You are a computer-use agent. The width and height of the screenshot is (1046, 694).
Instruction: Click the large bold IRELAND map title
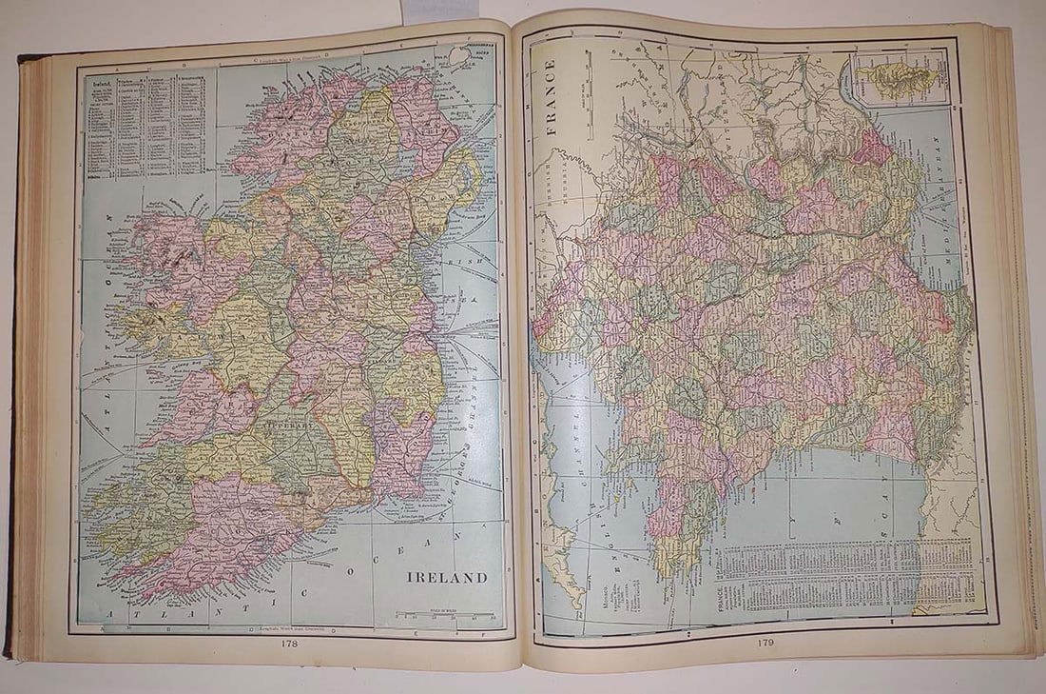pyautogui.click(x=447, y=577)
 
